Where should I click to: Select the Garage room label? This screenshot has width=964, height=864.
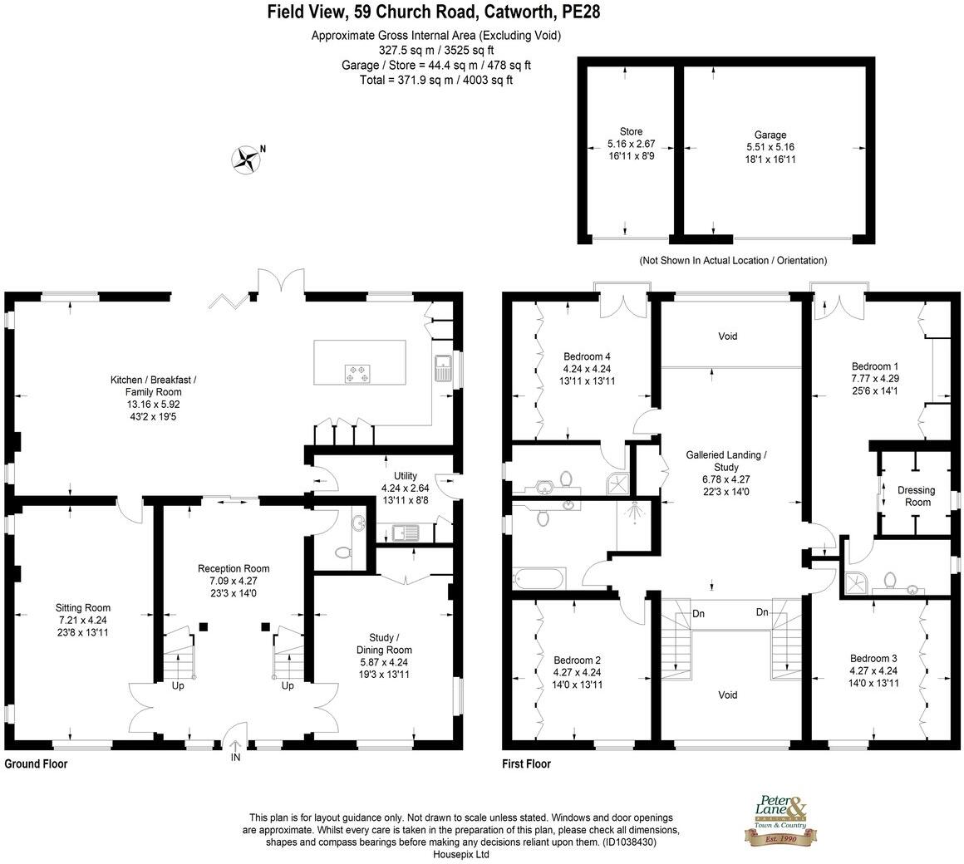click(x=770, y=135)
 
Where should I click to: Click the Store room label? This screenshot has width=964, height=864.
click(x=631, y=131)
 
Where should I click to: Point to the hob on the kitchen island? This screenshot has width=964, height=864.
click(x=357, y=375)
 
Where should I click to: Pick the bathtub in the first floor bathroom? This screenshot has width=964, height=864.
click(x=539, y=577)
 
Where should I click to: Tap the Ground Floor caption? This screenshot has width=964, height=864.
click(x=36, y=763)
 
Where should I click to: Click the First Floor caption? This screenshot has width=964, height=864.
click(x=526, y=763)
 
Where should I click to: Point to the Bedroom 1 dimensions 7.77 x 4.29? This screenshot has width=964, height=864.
click(x=875, y=378)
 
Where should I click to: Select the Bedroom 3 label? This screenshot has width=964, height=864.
click(x=873, y=658)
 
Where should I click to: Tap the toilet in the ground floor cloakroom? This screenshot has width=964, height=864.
click(x=341, y=552)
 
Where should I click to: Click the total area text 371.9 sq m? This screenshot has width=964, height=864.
click(x=436, y=80)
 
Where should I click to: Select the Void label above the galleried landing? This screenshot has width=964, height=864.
click(x=728, y=336)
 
